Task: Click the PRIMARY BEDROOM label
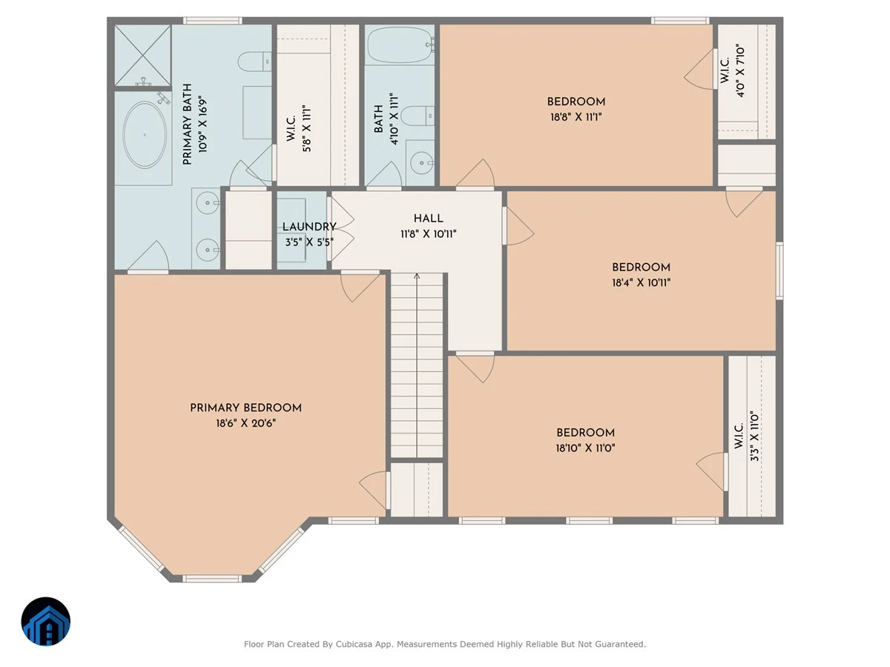click(245, 408)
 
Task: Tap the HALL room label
click(428, 219)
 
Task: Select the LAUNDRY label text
click(309, 227)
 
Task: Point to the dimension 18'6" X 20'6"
click(245, 423)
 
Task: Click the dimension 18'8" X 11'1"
click(576, 117)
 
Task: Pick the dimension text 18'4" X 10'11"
click(641, 282)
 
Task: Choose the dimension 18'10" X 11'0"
click(585, 448)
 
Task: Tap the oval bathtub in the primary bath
click(145, 134)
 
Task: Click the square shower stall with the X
click(142, 56)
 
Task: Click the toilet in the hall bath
click(418, 116)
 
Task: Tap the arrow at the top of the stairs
click(417, 276)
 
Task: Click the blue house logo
click(46, 621)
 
